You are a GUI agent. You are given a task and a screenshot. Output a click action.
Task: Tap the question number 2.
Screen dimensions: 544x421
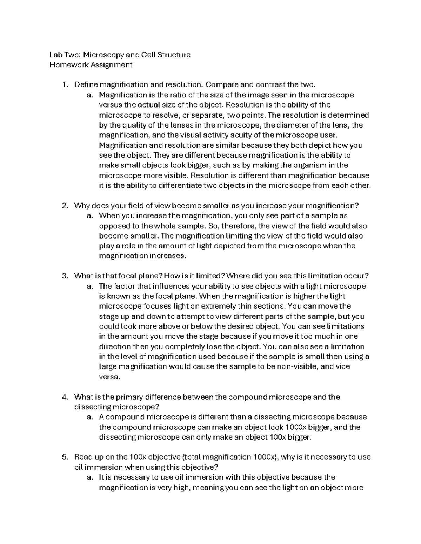64,206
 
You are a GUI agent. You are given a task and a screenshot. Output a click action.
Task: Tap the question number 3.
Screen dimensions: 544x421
64,276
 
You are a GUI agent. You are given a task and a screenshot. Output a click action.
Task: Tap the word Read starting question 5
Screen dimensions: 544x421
83,457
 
